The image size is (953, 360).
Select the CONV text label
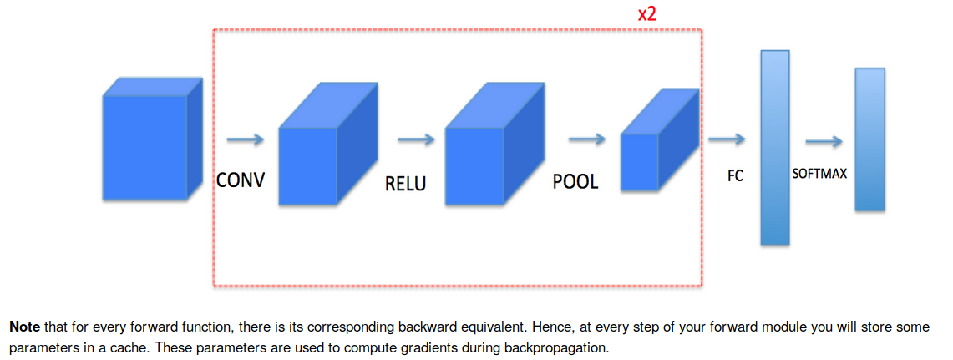tap(240, 180)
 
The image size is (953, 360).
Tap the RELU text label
tap(405, 183)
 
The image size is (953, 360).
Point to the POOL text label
tap(575, 181)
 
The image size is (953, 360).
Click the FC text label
tap(735, 177)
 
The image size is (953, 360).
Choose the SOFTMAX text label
tap(819, 175)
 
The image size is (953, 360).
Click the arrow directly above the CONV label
tap(245, 139)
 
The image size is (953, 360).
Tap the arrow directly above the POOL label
tap(586, 139)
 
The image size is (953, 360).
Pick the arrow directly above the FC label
tap(727, 139)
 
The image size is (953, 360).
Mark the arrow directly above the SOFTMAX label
tap(824, 141)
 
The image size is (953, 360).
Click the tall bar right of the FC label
tap(774, 147)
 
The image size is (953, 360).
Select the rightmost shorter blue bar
tap(869, 139)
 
